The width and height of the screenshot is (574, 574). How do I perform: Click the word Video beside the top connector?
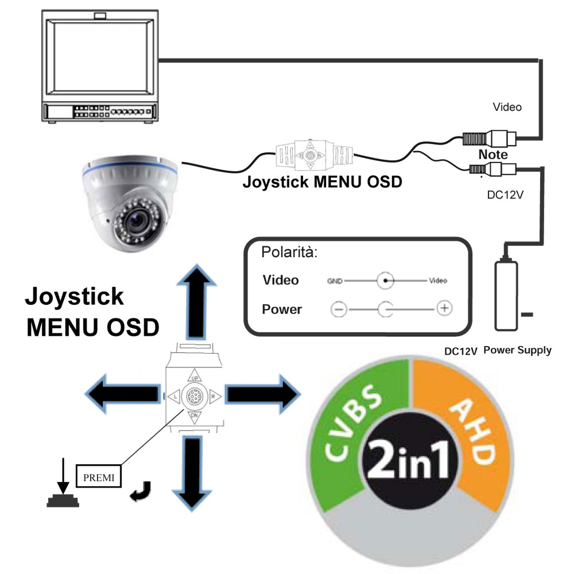507,107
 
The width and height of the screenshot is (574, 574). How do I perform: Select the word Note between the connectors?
493,155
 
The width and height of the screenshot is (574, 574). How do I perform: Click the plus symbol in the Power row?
444,308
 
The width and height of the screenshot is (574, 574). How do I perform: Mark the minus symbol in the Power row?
339,309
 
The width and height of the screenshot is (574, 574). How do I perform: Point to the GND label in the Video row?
335,281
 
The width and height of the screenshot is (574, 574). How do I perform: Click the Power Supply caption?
517,350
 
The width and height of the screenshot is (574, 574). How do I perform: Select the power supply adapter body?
506,296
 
